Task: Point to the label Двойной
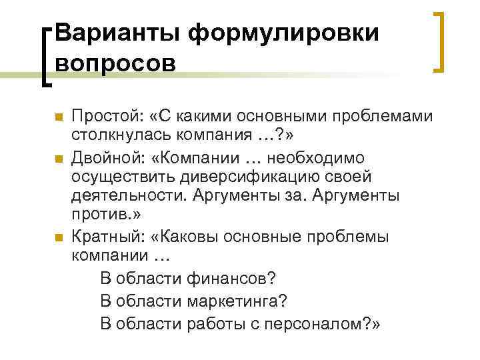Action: coord(107,157)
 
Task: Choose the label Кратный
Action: coord(107,237)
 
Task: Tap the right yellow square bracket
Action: coord(439,41)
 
